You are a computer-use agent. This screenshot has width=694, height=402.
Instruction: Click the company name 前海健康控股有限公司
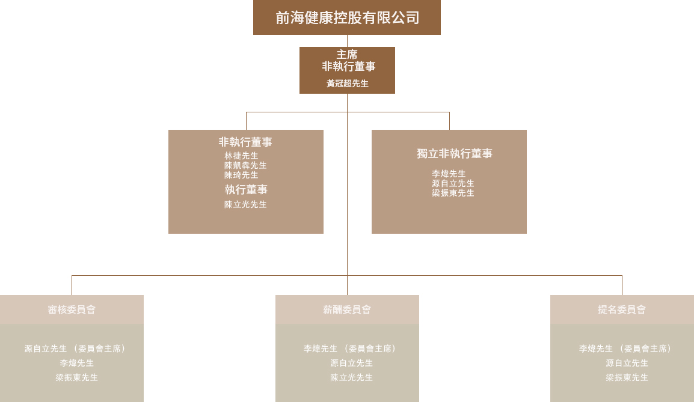point(348,17)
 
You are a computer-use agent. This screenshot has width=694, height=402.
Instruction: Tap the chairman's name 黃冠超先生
point(348,84)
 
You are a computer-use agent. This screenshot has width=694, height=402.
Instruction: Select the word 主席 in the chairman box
point(347,55)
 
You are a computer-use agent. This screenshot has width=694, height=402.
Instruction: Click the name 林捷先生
point(241,156)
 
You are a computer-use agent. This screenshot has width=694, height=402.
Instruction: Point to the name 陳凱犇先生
point(245,165)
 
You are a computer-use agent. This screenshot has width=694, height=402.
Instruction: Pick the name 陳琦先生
point(241,175)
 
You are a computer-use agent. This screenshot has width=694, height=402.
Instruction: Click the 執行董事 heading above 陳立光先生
point(246,190)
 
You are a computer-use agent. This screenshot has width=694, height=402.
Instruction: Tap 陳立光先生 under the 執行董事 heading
point(245,204)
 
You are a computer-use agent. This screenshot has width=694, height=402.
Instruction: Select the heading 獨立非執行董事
point(455,153)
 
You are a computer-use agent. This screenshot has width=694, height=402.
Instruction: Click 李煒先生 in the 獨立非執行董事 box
point(449,174)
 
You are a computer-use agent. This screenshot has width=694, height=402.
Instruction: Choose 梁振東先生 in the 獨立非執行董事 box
point(453,193)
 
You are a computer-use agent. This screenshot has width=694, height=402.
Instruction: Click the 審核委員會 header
point(72,309)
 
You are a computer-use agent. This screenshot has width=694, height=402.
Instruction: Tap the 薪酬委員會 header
point(347,309)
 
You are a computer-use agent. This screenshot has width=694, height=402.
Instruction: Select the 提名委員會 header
point(622,309)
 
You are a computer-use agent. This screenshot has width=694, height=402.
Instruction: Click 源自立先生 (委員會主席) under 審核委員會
point(75,349)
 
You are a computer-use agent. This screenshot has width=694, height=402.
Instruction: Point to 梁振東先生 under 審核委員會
point(76,377)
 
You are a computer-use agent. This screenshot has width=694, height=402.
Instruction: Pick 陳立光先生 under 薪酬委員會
point(351,377)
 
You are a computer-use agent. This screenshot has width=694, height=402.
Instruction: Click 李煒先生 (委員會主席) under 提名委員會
point(625,349)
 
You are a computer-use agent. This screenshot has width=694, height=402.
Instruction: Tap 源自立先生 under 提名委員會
point(627,363)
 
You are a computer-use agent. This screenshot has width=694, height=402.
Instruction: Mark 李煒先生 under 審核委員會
point(76,363)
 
